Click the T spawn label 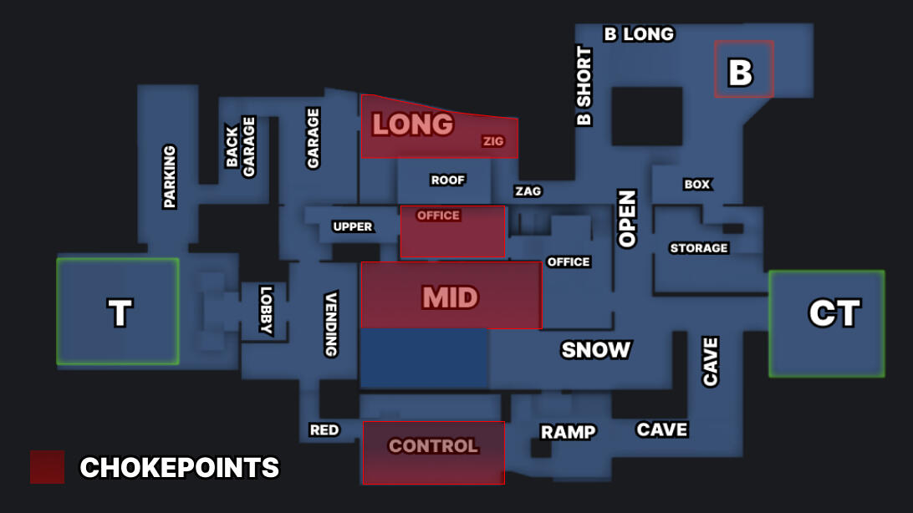pos(120,313)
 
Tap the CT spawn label pos(834,313)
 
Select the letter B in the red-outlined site pos(741,73)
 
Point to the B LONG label pos(639,34)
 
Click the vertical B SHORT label pos(584,86)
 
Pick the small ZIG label pos(493,141)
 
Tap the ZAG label pos(528,191)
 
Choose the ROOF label pos(447,180)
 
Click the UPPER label pos(353,226)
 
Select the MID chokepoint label pos(450,297)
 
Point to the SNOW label pos(595,349)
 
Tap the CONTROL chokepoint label pos(433,446)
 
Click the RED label pos(324,429)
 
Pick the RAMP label pos(568,432)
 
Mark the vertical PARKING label pos(170,176)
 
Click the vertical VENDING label pos(331,324)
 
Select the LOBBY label pos(266,311)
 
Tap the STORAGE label pos(699,248)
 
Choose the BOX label pos(696,184)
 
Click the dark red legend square pos(47,467)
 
